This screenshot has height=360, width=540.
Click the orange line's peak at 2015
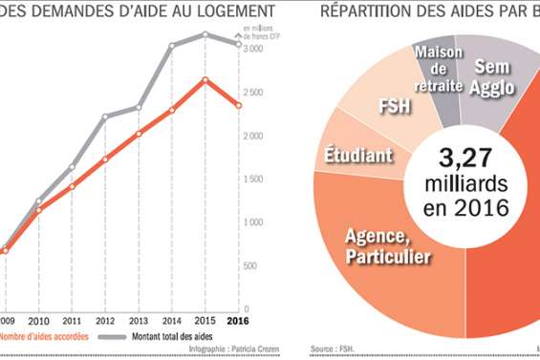[205, 79]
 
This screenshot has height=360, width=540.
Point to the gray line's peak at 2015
[205, 34]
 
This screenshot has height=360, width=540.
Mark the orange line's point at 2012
[105, 159]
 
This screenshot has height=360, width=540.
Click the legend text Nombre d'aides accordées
[43, 337]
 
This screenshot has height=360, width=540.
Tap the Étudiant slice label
[356, 155]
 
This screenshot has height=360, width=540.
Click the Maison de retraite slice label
[439, 69]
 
